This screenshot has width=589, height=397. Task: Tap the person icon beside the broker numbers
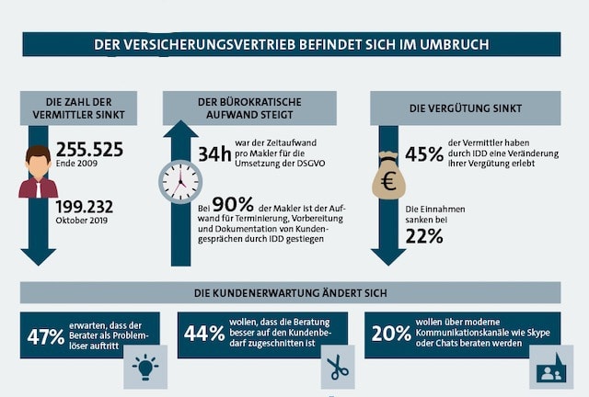[38, 172]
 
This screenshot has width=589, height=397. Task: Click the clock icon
[180, 180]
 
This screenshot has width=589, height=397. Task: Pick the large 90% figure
[234, 206]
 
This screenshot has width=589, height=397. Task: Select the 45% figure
[424, 154]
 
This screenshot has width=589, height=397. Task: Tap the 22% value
[424, 236]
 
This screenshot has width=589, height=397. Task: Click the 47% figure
[46, 336]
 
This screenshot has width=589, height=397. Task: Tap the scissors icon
[338, 369]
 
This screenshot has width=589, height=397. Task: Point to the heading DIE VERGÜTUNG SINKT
[465, 108]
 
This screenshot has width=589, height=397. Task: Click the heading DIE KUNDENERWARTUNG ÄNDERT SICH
[290, 293]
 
